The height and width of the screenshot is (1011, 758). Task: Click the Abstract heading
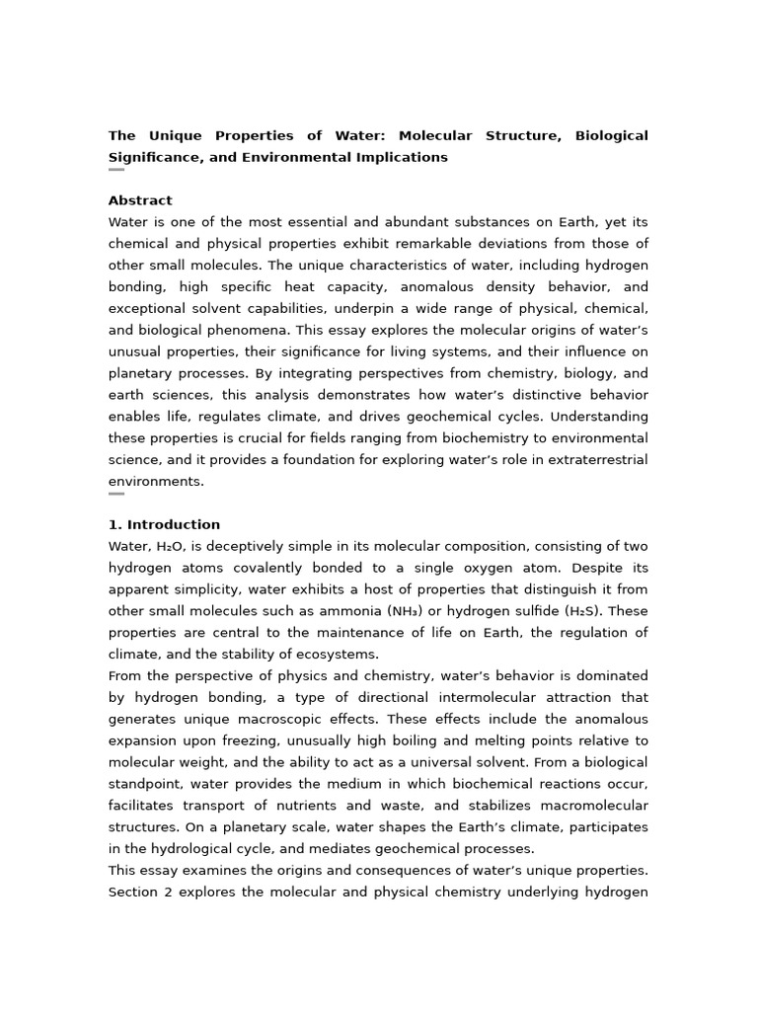click(x=140, y=200)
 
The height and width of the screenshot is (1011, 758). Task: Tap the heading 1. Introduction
click(x=164, y=524)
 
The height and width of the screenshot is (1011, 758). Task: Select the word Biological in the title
click(x=612, y=135)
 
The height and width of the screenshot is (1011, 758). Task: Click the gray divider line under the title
click(x=116, y=170)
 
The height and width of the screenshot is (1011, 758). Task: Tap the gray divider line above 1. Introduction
click(x=116, y=494)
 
